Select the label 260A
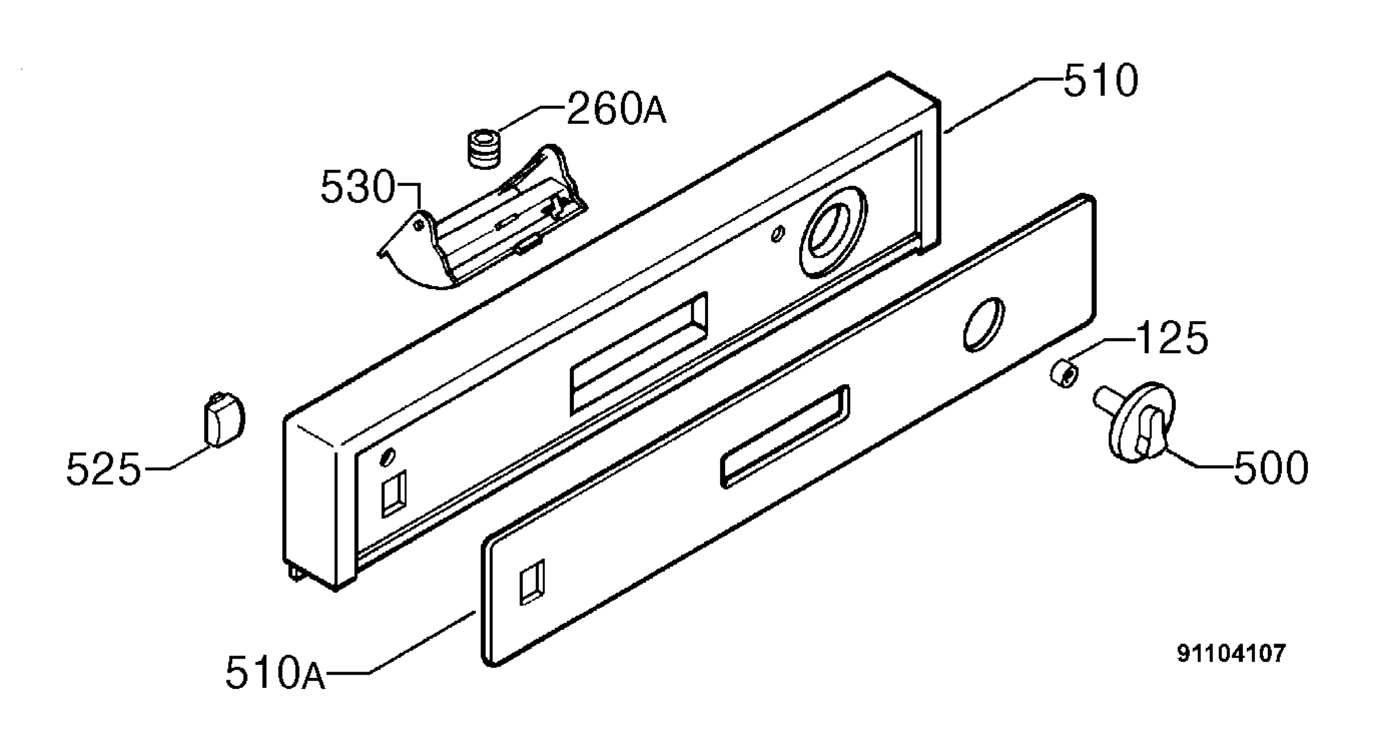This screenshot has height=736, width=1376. pyautogui.click(x=617, y=109)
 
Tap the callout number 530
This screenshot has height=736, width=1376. pyautogui.click(x=358, y=188)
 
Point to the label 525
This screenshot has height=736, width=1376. pyautogui.click(x=103, y=468)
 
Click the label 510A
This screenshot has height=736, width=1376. pyautogui.click(x=275, y=672)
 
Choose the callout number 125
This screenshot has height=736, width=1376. pyautogui.click(x=1171, y=338)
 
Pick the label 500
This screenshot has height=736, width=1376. pyautogui.click(x=1271, y=468)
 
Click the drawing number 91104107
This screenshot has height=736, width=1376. pyautogui.click(x=1231, y=653)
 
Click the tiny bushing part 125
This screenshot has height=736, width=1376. pyautogui.click(x=1065, y=373)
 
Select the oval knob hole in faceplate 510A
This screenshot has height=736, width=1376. pyautogui.click(x=984, y=324)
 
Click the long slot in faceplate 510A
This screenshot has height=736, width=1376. pyautogui.click(x=784, y=437)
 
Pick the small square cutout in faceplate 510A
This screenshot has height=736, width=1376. pyautogui.click(x=531, y=582)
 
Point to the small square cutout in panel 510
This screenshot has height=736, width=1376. pyautogui.click(x=394, y=493)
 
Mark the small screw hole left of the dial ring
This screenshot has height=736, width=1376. pyautogui.click(x=777, y=233)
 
